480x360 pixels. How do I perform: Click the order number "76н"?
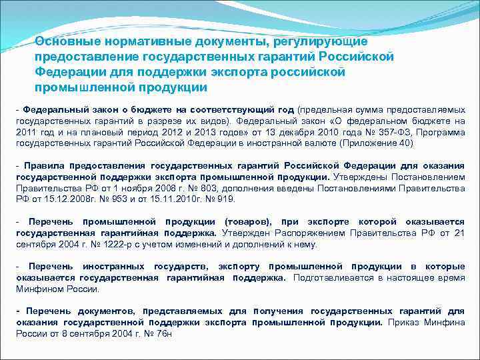pos(163,333)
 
